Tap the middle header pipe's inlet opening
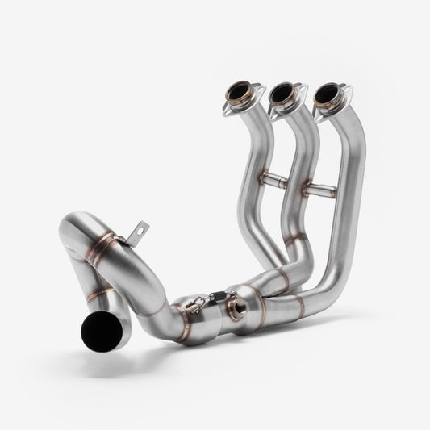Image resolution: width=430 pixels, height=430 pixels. coord(282,94)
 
